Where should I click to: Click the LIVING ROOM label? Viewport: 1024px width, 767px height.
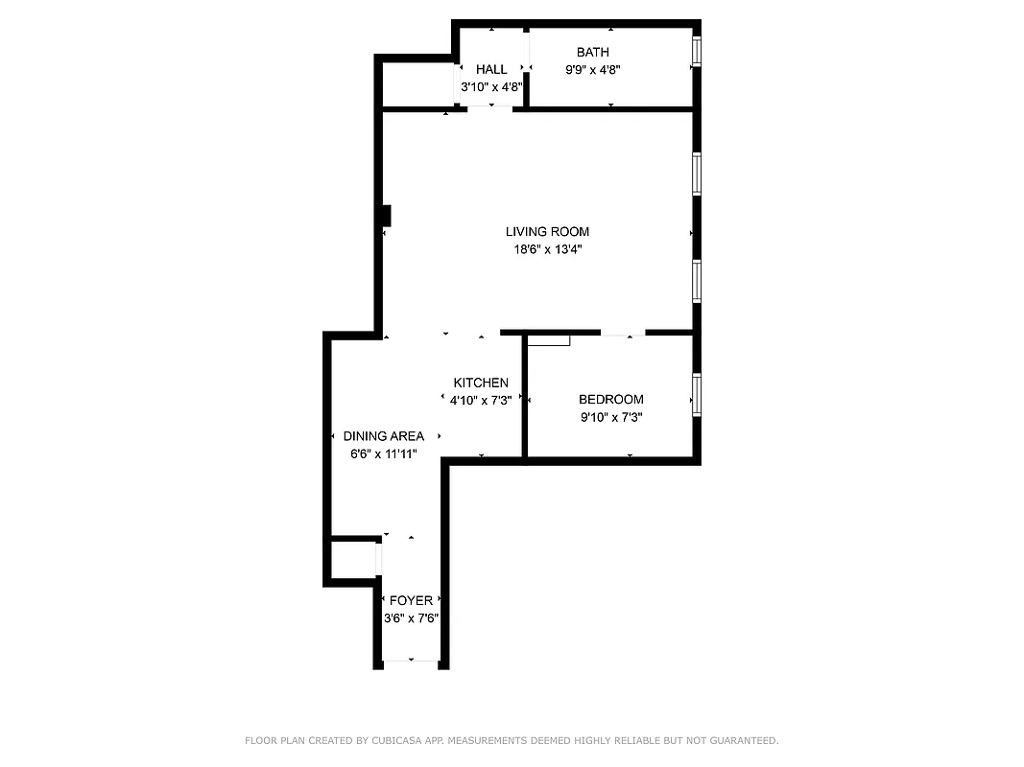coord(547,231)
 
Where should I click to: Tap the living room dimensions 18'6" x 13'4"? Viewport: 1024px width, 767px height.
coord(547,249)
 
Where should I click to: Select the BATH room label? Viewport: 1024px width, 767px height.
coord(592,52)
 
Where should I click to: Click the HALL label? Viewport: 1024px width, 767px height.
coord(491,69)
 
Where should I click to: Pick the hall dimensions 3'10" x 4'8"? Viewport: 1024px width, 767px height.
coord(491,86)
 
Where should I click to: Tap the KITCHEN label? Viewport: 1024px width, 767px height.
coord(481,383)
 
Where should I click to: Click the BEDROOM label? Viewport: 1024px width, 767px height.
coord(610,399)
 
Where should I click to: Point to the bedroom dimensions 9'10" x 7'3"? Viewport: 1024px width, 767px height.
coord(610,417)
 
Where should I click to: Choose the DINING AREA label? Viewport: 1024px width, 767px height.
coord(383,436)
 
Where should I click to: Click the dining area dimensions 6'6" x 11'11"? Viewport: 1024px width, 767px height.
coord(383,453)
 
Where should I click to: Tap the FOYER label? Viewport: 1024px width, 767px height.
coord(411,601)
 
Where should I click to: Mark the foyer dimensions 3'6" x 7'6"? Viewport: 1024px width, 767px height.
coord(411,618)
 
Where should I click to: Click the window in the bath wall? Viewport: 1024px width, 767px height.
coord(697,50)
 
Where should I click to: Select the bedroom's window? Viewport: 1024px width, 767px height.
coord(697,395)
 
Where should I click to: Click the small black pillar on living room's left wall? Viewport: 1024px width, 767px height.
coord(386,216)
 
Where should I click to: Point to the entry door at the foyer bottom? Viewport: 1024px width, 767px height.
coord(411,661)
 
